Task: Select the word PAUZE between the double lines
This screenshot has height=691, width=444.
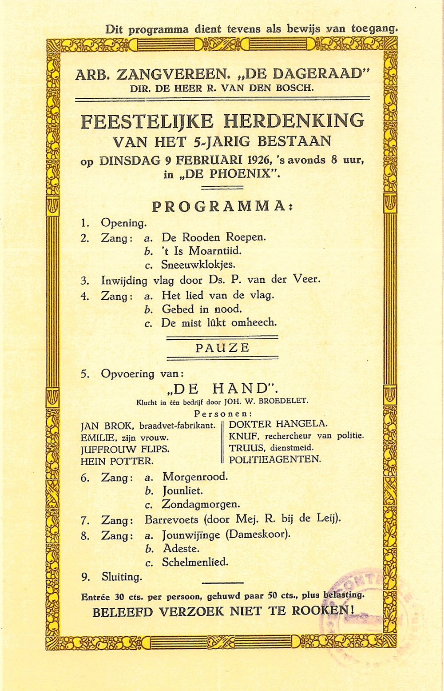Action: click(x=222, y=348)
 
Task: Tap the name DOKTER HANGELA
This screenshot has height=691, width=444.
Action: click(x=278, y=423)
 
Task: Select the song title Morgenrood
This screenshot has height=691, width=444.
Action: click(x=195, y=477)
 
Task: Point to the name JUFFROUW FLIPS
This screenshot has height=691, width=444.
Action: click(x=125, y=449)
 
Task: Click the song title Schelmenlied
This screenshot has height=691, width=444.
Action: click(x=195, y=562)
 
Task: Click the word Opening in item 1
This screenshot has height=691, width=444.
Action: click(x=123, y=223)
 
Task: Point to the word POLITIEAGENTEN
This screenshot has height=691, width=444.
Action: click(x=274, y=459)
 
